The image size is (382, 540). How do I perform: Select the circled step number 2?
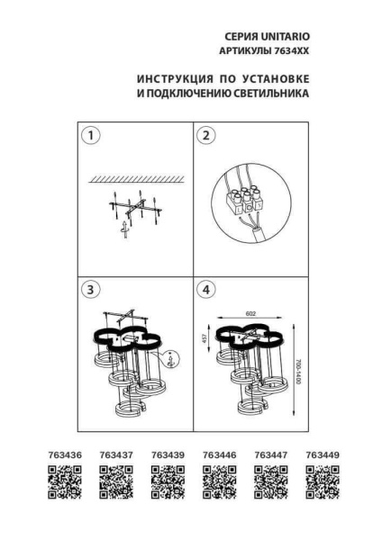pos(206,136)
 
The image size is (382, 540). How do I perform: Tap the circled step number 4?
pos(206,289)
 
